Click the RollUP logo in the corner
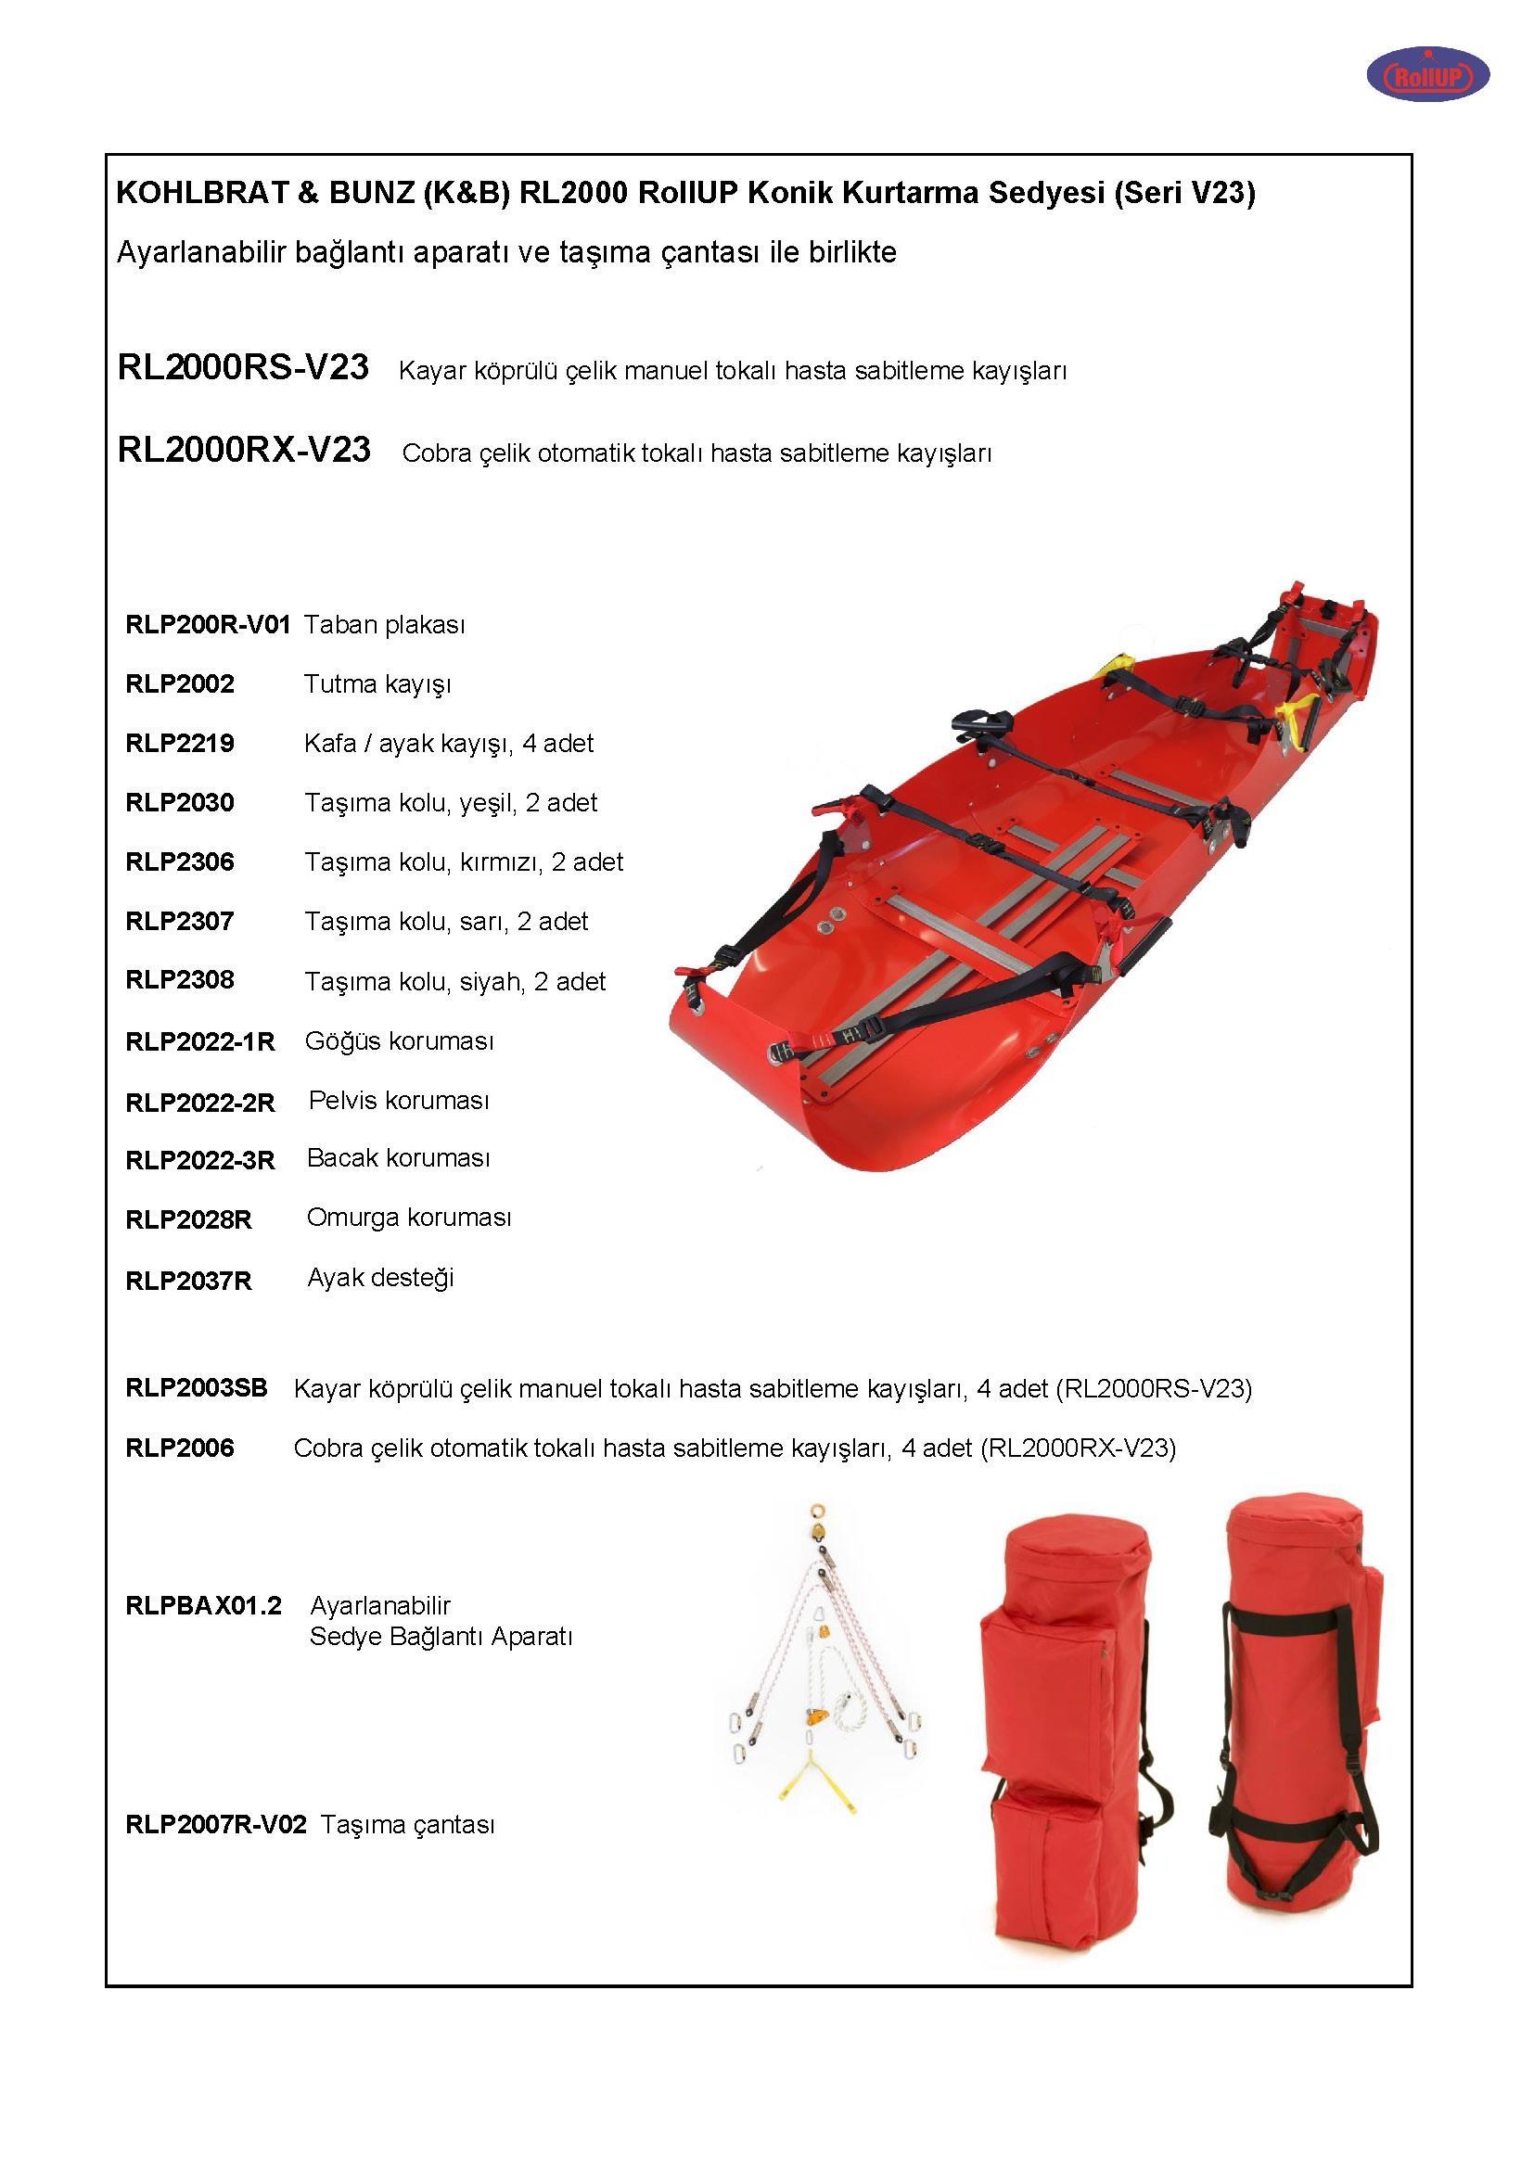pyautogui.click(x=1427, y=74)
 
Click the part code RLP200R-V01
pyautogui.click(x=207, y=624)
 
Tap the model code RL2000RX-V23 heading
pyautogui.click(x=244, y=450)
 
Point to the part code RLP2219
pyautogui.click(x=180, y=744)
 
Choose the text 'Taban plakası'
pyautogui.click(x=384, y=624)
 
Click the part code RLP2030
pyautogui.click(x=180, y=803)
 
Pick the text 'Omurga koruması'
pyautogui.click(x=408, y=1218)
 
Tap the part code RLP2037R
pyautogui.click(x=188, y=1281)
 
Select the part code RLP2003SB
pyautogui.click(x=197, y=1388)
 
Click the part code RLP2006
pyautogui.click(x=180, y=1448)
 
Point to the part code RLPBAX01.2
pyautogui.click(x=203, y=1605)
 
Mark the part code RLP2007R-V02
pyautogui.click(x=215, y=1824)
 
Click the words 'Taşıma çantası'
pyautogui.click(x=407, y=1824)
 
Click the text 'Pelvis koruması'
pyautogui.click(x=399, y=1101)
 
